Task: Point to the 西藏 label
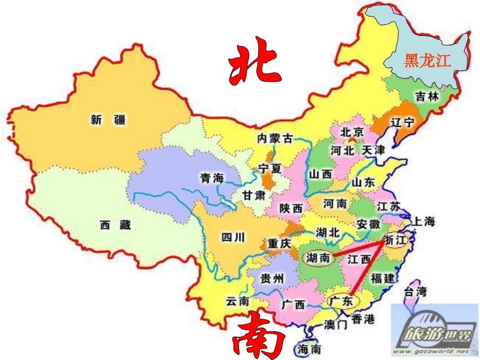click(x=115, y=225)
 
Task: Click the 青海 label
click(x=212, y=178)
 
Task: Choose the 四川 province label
click(x=233, y=236)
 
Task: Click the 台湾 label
click(x=415, y=291)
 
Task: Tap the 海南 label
click(x=309, y=349)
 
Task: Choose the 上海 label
click(x=424, y=221)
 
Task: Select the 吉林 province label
click(x=427, y=97)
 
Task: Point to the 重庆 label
click(x=279, y=243)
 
